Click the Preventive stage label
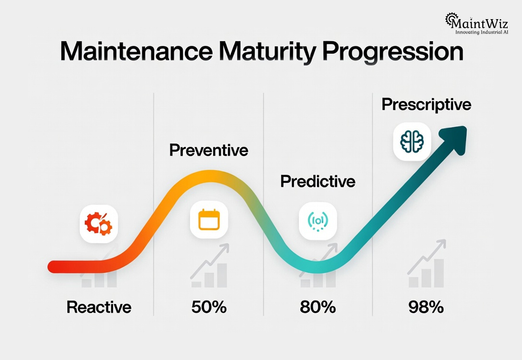pyautogui.click(x=209, y=150)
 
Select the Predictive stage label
pyautogui.click(x=318, y=181)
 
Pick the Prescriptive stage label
pyautogui.click(x=426, y=105)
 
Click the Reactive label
pyautogui.click(x=99, y=307)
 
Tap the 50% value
pyautogui.click(x=209, y=307)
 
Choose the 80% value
pyautogui.click(x=318, y=307)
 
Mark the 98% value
pyautogui.click(x=426, y=307)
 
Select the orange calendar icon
pyautogui.click(x=208, y=220)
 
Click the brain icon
pyautogui.click(x=412, y=142)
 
